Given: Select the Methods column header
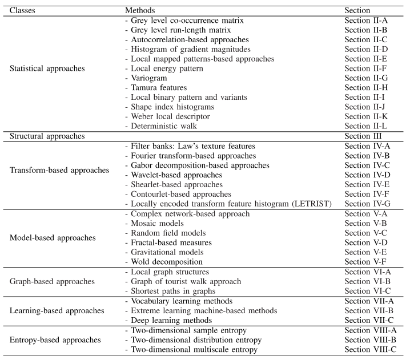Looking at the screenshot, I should point(139,10).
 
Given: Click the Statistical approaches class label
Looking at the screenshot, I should point(47,68).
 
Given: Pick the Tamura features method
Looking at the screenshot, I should point(158,88).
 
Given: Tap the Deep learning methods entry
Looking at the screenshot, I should point(166,320).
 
